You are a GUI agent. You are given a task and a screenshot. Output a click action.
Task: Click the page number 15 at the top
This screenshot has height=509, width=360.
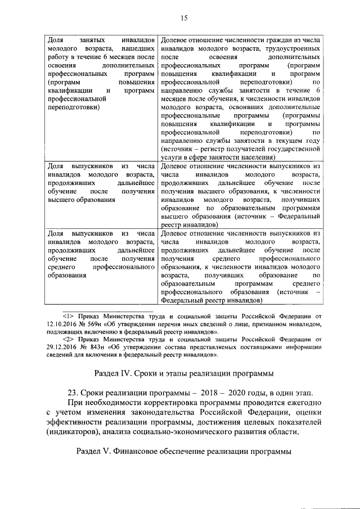coord(183,19)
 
